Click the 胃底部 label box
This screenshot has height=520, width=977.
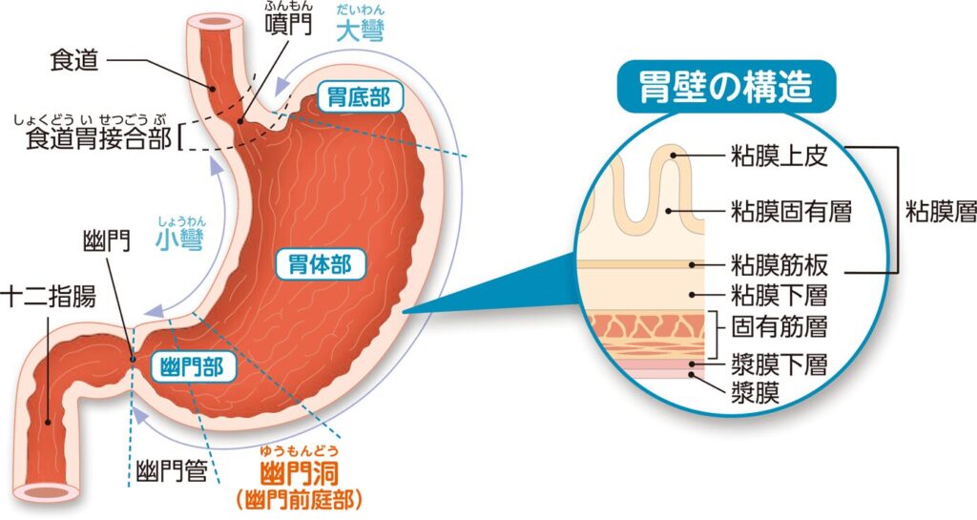coord(360,97)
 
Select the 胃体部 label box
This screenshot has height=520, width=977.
coord(321,264)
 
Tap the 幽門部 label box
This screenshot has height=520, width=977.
coord(195,366)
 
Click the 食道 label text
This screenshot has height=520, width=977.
coord(74,60)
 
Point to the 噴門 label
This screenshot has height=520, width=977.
coord(287,24)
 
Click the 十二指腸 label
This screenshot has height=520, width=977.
coord(50,298)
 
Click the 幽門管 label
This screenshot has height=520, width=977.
coord(172,471)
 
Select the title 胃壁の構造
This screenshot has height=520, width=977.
coord(726,87)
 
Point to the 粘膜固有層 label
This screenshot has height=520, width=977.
coord(791,212)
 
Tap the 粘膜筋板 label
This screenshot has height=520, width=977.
coord(780,265)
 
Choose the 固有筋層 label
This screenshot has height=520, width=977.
coord(779,326)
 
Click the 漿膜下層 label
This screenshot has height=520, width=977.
coord(779,364)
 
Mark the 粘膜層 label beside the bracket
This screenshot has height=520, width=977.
coord(940,213)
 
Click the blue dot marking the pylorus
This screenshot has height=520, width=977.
coord(132,358)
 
